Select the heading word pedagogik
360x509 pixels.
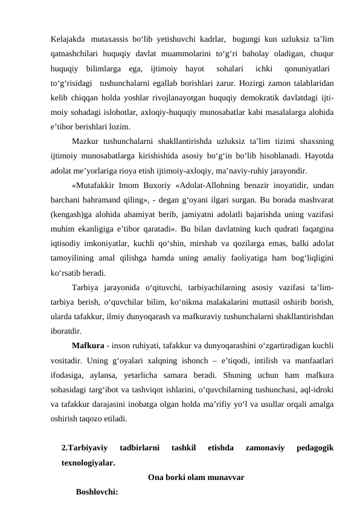coord(313,448)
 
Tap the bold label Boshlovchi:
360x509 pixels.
coord(97,491)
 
